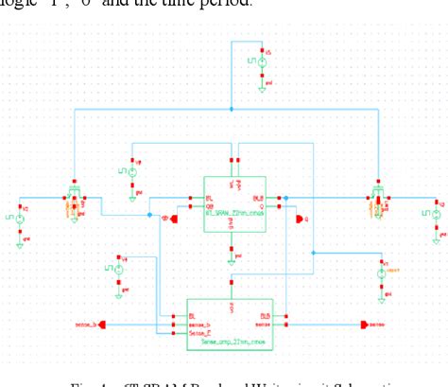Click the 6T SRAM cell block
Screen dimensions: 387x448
[x=232, y=199]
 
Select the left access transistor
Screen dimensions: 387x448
[x=73, y=200]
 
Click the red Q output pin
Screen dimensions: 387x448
[x=301, y=220]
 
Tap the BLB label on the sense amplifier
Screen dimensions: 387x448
[x=265, y=315]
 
